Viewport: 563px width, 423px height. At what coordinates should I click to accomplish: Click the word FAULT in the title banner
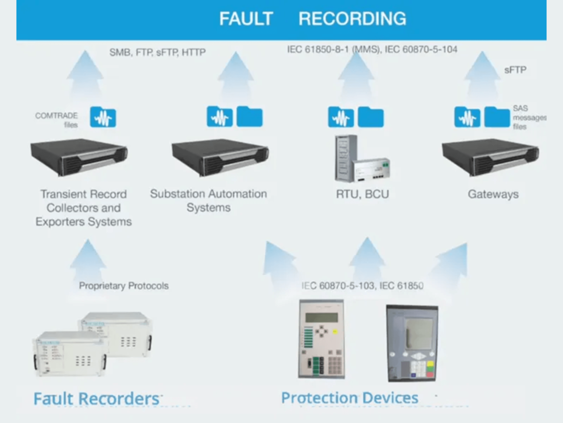(246, 19)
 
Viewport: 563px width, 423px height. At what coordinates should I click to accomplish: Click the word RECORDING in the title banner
(352, 19)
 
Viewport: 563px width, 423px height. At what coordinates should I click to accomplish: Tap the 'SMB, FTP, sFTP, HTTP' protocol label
(157, 52)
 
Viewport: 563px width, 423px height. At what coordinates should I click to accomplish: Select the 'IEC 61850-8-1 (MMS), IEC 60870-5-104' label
(372, 49)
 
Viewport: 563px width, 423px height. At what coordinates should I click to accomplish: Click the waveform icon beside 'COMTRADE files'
(103, 117)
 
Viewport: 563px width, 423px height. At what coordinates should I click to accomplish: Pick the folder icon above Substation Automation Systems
(249, 117)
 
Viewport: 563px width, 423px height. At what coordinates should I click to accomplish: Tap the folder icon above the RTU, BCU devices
(371, 117)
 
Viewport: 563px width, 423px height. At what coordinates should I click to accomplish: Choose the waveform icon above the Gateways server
(467, 117)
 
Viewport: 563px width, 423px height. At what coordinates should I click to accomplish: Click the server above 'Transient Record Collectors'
(79, 157)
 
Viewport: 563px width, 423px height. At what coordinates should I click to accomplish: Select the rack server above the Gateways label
(490, 157)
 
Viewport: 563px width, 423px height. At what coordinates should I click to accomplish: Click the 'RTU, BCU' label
(362, 194)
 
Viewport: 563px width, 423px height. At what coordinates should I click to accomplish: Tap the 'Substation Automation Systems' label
(208, 200)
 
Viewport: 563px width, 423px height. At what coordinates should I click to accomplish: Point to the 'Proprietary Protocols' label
(124, 286)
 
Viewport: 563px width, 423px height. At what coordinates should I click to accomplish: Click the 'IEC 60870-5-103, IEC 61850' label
(362, 286)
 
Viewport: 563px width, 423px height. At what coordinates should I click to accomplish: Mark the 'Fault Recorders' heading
(97, 399)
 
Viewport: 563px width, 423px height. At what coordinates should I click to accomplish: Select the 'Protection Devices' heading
(350, 397)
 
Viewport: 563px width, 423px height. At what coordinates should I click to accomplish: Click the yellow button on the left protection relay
(335, 332)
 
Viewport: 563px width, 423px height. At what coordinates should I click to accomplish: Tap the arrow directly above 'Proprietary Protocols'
(88, 258)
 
